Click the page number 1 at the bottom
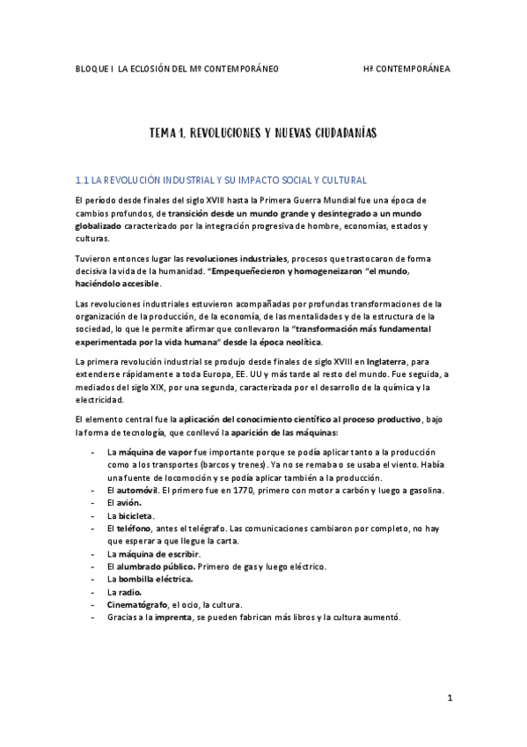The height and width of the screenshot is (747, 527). coord(449,699)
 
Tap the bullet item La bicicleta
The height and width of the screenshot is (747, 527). coord(130,515)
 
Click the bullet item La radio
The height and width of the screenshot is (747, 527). coord(124,592)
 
